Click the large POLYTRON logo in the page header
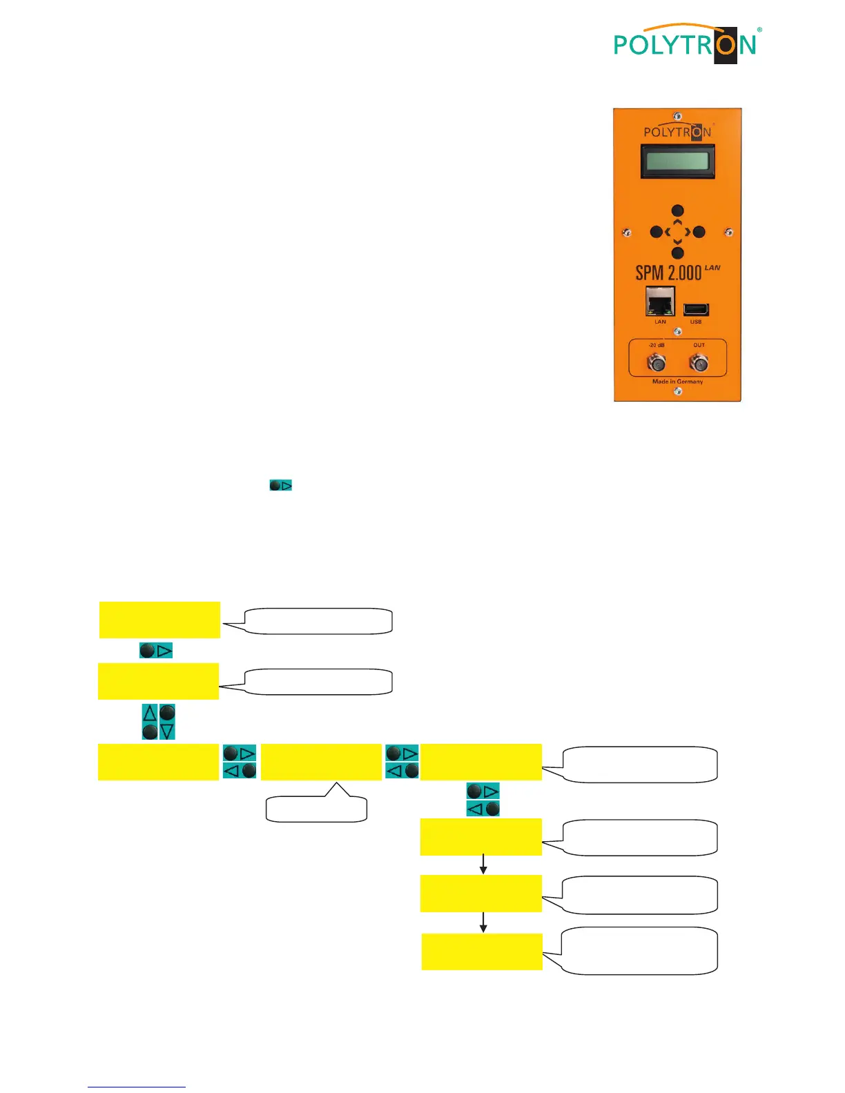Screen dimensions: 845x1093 (x=686, y=44)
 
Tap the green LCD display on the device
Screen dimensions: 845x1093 (x=677, y=161)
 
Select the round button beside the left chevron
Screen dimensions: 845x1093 (x=657, y=233)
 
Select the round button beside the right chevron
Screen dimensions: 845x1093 (x=699, y=233)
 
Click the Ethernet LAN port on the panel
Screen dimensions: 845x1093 (x=660, y=301)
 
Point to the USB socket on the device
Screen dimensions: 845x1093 (x=696, y=309)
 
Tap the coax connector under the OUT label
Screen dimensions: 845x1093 (x=699, y=362)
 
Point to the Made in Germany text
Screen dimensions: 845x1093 (x=677, y=382)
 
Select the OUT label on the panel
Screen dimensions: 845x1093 (x=699, y=345)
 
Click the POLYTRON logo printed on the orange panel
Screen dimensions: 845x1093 (x=677, y=132)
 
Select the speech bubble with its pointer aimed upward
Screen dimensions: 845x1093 (x=316, y=807)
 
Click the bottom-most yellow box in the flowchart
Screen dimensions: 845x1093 (x=482, y=952)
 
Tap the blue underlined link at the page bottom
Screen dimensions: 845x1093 (x=137, y=1086)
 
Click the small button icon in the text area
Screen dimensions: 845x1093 (x=280, y=486)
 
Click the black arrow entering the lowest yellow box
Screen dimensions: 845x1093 (x=483, y=923)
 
